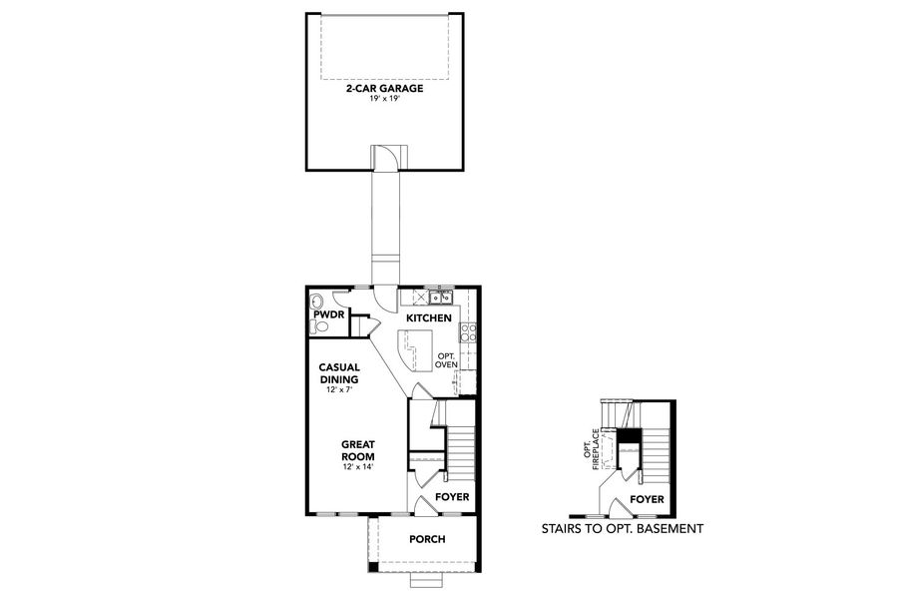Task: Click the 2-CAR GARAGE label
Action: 384,89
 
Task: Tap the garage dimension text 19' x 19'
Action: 384,99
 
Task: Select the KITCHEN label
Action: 429,318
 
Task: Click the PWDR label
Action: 328,314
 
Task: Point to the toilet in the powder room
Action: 319,326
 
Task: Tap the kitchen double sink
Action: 439,297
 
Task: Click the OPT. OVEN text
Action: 446,359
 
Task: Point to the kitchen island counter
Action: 414,346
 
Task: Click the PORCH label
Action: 427,539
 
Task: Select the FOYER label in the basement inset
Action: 648,498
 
